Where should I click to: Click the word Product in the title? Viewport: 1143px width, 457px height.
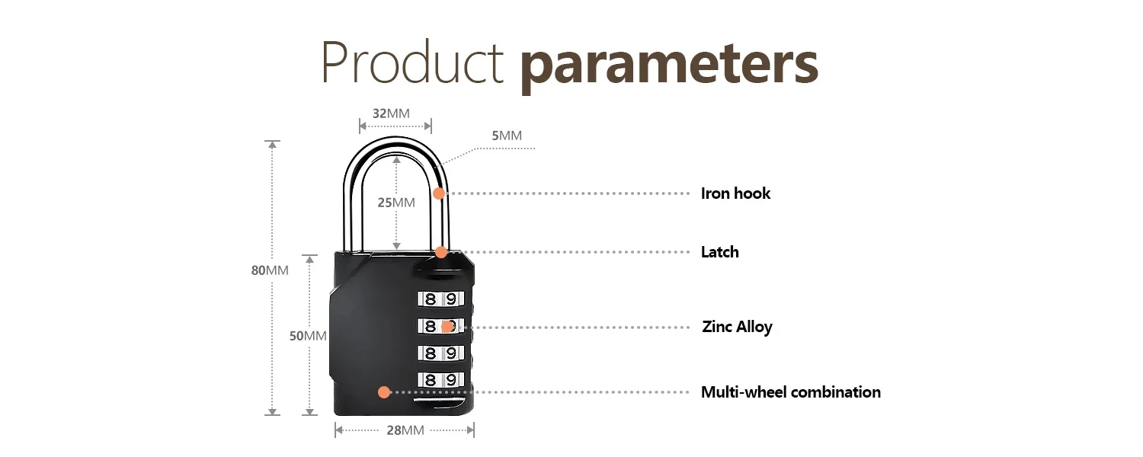point(412,62)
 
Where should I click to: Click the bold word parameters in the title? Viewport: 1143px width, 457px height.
point(669,64)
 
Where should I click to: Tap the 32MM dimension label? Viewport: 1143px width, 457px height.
point(391,113)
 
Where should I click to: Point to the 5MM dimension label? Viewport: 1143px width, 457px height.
point(507,136)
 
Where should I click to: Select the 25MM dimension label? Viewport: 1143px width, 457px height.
point(396,202)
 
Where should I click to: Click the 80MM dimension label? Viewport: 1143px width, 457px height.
point(270,270)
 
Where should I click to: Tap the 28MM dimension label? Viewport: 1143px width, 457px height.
point(405,430)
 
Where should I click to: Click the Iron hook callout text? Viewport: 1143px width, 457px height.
point(735,193)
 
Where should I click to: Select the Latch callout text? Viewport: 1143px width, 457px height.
point(719,252)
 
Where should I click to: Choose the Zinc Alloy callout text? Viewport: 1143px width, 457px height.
point(737,327)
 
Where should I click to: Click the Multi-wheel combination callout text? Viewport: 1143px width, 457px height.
point(790,392)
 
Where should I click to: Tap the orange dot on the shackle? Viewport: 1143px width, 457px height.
point(439,193)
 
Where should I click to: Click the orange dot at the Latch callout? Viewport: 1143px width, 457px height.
point(441,252)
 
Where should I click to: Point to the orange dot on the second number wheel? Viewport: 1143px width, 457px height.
point(447,327)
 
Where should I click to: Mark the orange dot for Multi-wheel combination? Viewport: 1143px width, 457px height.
point(384,392)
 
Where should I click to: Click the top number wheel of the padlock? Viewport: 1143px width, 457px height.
point(440,299)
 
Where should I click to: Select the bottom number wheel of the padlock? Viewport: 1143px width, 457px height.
point(440,379)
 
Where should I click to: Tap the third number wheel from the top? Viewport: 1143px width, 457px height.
point(440,353)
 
